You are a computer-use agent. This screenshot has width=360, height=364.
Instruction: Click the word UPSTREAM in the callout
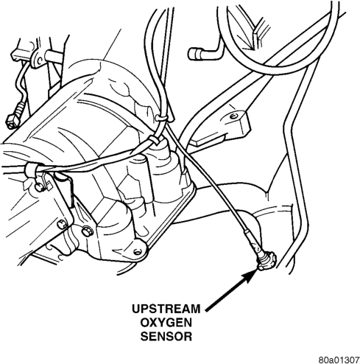tap(166, 309)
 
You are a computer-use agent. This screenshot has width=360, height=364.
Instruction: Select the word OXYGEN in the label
tap(166, 323)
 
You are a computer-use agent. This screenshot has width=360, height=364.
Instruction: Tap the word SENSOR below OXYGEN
tap(166, 336)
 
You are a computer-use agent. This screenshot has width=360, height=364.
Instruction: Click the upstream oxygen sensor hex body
tap(267, 262)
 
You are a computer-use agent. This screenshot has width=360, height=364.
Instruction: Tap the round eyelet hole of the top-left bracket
tap(38, 60)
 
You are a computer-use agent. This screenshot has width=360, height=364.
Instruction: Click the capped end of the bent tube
tap(194, 54)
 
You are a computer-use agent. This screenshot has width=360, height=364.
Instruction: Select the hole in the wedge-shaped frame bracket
tap(233, 116)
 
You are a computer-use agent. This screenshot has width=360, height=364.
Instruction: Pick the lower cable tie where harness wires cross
tap(155, 140)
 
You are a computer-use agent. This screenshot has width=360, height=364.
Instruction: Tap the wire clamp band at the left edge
tap(32, 169)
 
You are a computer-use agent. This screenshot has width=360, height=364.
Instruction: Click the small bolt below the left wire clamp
tap(39, 187)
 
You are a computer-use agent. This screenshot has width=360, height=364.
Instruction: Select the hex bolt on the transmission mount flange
tap(87, 231)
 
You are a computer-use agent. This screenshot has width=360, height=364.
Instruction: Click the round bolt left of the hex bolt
tap(61, 225)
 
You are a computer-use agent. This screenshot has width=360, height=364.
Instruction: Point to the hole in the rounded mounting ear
tap(138, 252)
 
